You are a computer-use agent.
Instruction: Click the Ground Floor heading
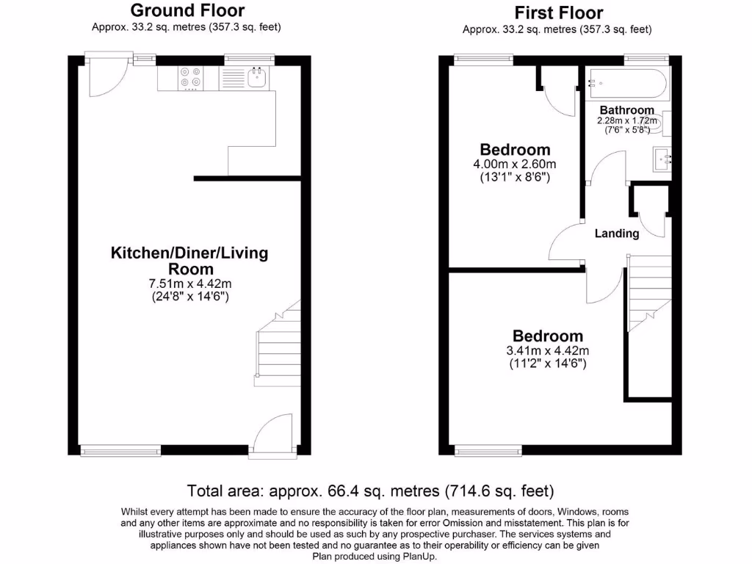click(187, 11)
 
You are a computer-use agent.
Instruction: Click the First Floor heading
click(558, 12)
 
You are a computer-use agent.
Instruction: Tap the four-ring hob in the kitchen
click(189, 78)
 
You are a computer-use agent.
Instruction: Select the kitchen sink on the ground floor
click(257, 77)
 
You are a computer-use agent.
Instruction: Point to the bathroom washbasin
click(661, 159)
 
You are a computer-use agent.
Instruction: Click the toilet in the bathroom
click(664, 123)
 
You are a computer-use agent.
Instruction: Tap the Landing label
click(617, 234)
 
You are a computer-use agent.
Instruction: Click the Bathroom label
click(626, 110)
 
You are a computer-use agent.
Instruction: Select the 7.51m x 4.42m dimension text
click(189, 283)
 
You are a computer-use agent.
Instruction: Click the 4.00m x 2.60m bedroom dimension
click(514, 164)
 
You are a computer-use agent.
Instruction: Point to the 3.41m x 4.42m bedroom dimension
click(547, 350)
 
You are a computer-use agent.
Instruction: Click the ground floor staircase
click(278, 345)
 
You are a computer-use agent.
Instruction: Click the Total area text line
click(370, 491)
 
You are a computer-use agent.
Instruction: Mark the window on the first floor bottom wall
click(488, 449)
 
